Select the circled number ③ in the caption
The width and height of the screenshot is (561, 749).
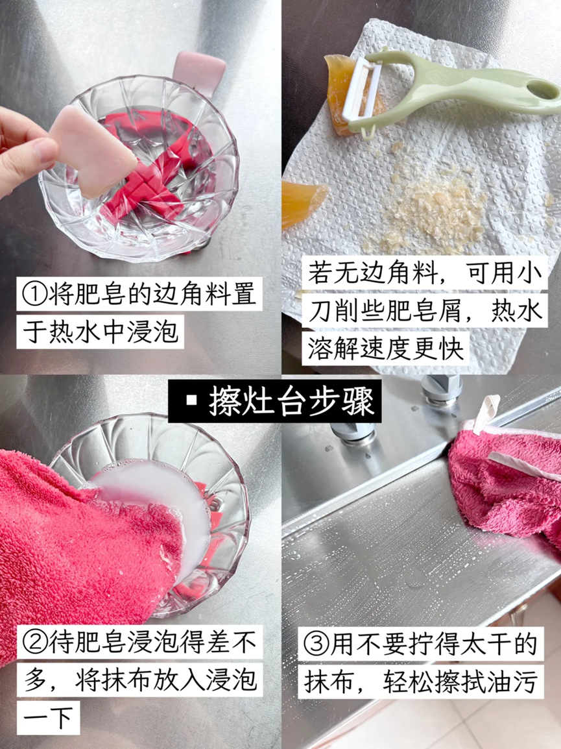point(316,645)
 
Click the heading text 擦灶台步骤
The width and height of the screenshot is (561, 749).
point(291,401)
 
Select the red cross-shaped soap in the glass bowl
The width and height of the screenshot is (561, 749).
point(148,162)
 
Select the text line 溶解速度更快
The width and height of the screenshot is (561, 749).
point(386,348)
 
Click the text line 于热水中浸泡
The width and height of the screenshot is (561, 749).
point(101,331)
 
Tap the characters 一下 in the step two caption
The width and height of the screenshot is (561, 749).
point(48,717)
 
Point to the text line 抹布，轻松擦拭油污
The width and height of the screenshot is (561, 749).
point(421,681)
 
